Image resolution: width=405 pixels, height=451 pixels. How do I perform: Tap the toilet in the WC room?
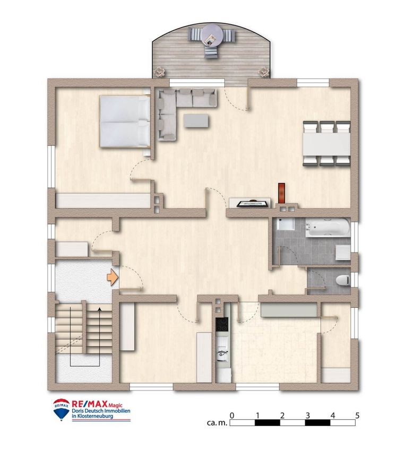(x=342, y=280)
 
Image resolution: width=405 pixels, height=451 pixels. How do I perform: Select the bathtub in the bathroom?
(x=328, y=228)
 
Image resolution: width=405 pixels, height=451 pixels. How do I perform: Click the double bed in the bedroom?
(x=125, y=122)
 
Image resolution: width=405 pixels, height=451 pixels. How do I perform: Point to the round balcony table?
(x=212, y=35)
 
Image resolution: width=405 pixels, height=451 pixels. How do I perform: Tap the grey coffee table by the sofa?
(x=196, y=120)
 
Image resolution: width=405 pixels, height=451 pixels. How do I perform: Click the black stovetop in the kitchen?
(x=222, y=324)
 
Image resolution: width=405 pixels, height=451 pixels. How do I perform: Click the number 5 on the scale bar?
(x=357, y=415)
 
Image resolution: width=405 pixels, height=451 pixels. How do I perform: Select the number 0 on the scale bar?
(x=232, y=415)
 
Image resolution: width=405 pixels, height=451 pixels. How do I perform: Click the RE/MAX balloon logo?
(x=61, y=410)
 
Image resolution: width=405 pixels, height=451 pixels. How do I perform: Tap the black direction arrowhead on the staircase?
(x=99, y=309)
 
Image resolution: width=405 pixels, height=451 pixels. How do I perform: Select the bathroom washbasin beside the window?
(x=343, y=253)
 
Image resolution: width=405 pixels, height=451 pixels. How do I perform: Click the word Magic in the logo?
(x=115, y=405)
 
